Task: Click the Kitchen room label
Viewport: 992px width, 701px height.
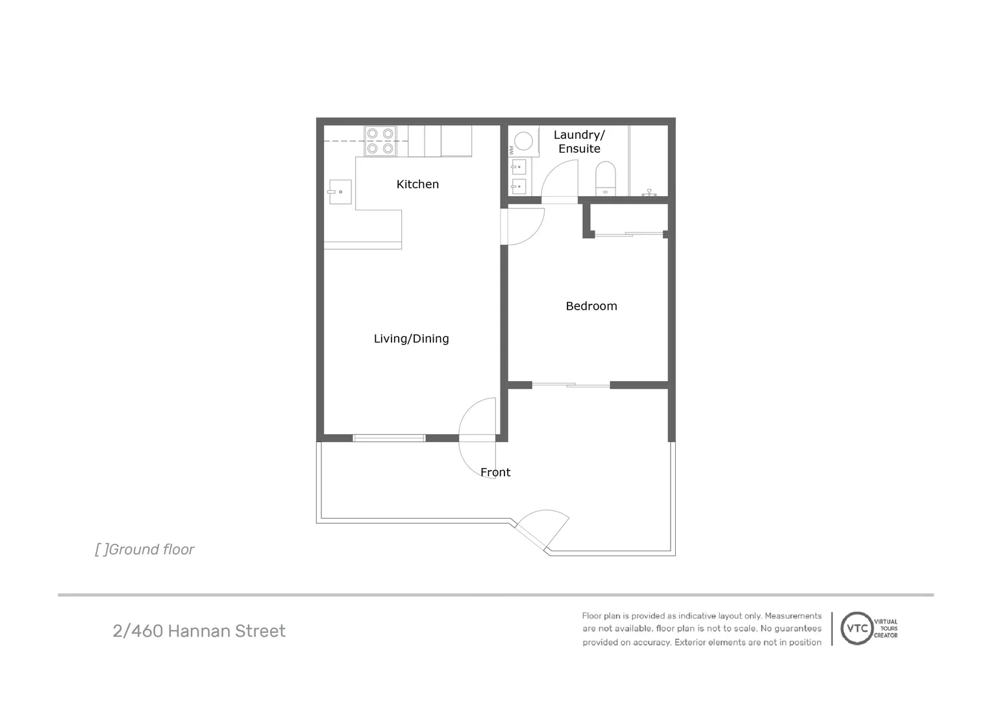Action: coord(417,184)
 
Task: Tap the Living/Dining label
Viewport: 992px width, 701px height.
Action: coord(411,339)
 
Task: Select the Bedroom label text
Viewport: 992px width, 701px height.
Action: coord(591,306)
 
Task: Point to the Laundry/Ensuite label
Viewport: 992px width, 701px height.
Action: coord(579,141)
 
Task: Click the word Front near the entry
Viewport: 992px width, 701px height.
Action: coord(495,473)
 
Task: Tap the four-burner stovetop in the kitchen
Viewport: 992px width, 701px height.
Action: coord(380,141)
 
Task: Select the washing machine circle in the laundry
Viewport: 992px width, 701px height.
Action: coord(523,141)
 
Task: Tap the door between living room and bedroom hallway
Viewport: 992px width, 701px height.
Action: coord(525,226)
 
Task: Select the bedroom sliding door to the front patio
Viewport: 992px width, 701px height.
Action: coord(571,386)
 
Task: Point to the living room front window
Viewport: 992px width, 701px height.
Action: coord(389,438)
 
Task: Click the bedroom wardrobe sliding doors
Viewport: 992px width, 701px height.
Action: coord(628,234)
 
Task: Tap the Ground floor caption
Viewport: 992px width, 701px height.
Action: coord(145,550)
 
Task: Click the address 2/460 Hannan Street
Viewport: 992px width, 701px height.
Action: coord(199,631)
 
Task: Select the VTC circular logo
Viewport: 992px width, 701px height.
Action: coord(856,628)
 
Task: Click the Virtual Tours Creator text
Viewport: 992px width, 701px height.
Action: coord(886,628)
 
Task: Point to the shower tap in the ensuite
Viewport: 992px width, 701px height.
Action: coord(649,192)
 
